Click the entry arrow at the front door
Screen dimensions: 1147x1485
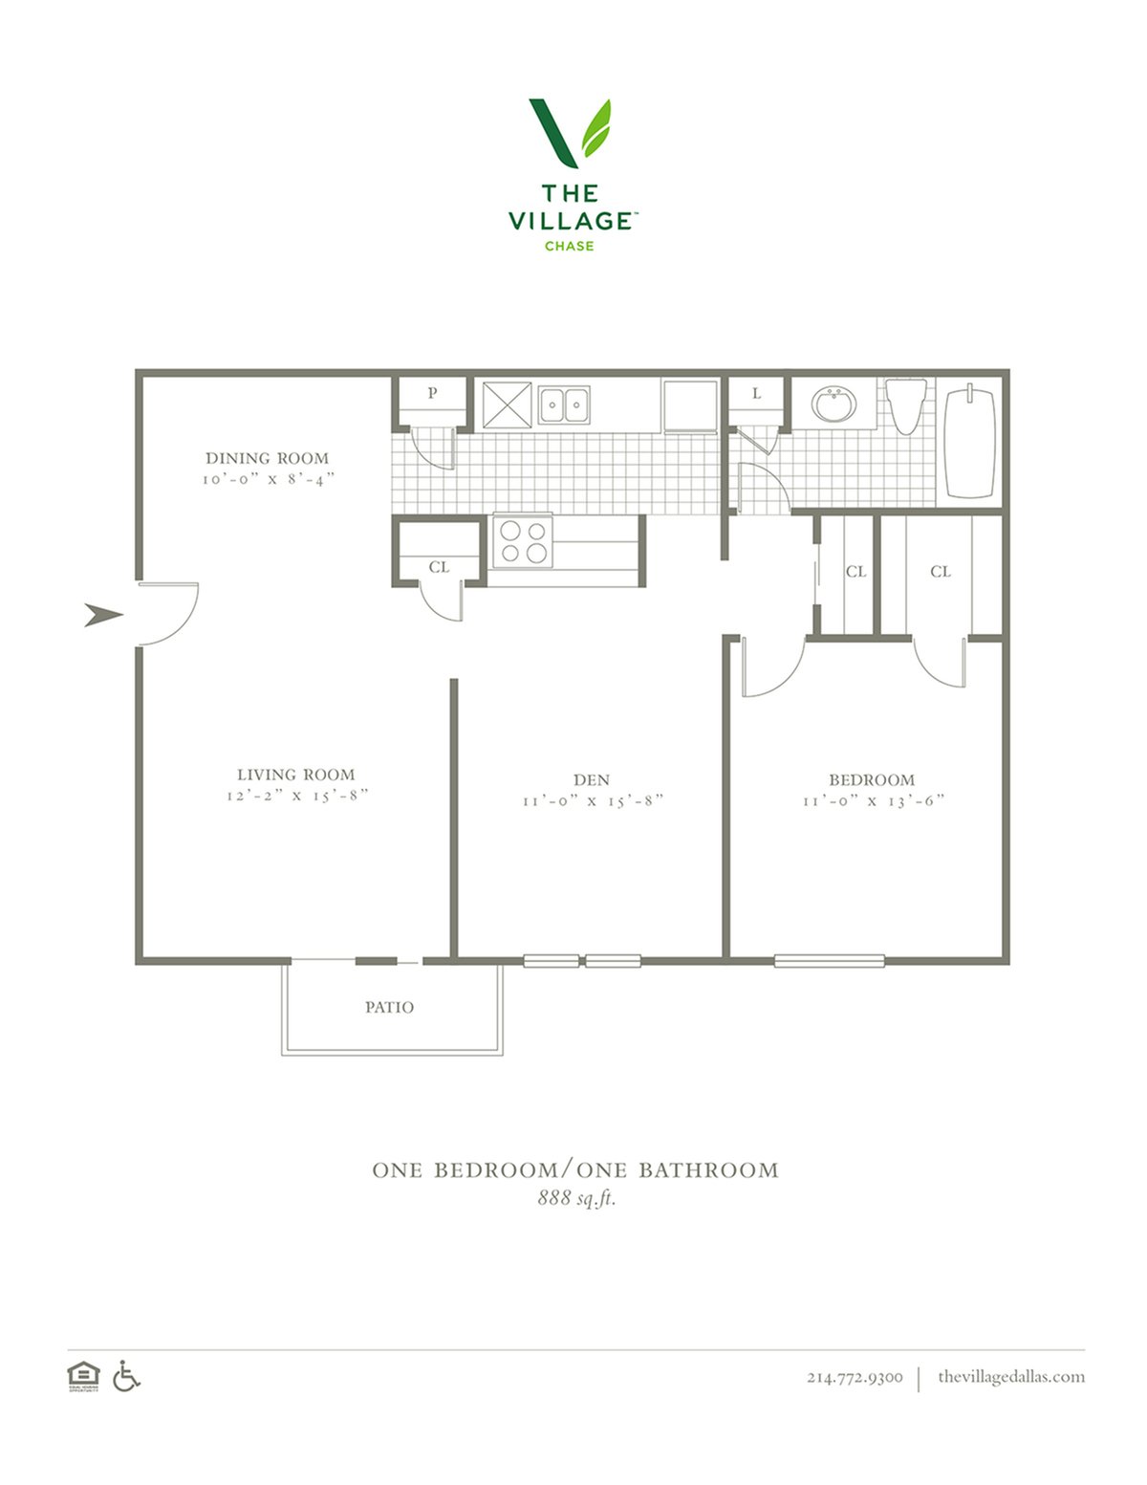point(101,615)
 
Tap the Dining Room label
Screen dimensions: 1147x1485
point(267,458)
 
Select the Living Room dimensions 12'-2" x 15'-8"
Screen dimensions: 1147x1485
point(297,796)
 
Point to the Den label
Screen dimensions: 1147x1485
point(592,779)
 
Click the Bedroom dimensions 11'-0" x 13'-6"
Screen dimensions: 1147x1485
point(874,801)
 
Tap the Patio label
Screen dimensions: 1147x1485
point(389,1007)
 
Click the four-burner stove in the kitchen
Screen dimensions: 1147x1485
point(523,541)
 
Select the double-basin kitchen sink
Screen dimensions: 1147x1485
point(564,404)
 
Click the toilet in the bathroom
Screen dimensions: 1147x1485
point(906,406)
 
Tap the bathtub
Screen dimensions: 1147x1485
point(970,442)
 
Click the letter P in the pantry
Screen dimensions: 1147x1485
point(432,393)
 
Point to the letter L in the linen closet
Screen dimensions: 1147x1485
point(756,394)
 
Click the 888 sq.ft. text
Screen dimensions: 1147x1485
point(576,1198)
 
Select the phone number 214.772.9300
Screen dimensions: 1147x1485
point(855,1377)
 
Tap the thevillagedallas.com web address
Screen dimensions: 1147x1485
point(1011,1376)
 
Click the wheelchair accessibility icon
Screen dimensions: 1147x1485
point(126,1376)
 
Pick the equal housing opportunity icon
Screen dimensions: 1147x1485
point(83,1376)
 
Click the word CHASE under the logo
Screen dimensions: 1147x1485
point(569,246)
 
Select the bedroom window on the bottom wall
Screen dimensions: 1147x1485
point(830,961)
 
